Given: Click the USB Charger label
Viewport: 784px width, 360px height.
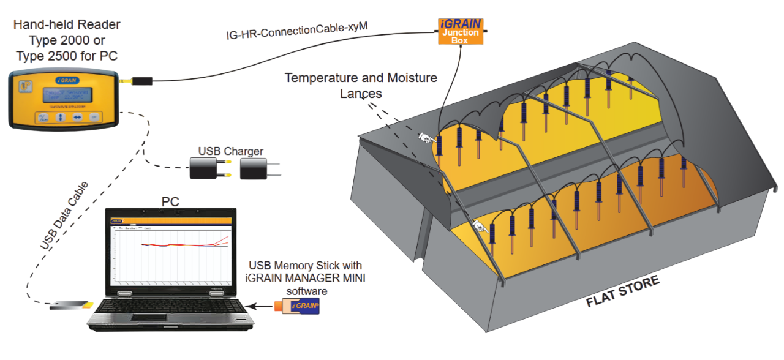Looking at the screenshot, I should [x=231, y=151].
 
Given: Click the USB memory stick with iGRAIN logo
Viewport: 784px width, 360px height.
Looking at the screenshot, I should [x=297, y=306].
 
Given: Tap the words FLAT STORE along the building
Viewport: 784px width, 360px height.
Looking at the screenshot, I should [x=623, y=291].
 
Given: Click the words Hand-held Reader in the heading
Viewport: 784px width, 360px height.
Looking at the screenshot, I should [x=67, y=25].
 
